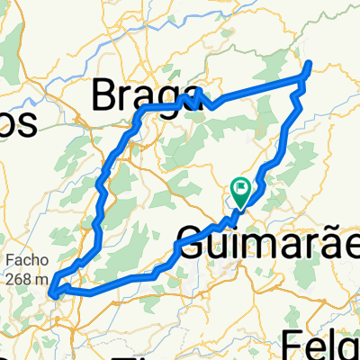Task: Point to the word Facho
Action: (x=22, y=263)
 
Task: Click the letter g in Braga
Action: (x=169, y=95)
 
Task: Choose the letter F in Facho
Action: (x=9, y=263)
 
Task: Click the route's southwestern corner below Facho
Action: (x=53, y=292)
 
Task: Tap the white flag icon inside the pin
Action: (x=241, y=187)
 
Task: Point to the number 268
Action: (x=20, y=279)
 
